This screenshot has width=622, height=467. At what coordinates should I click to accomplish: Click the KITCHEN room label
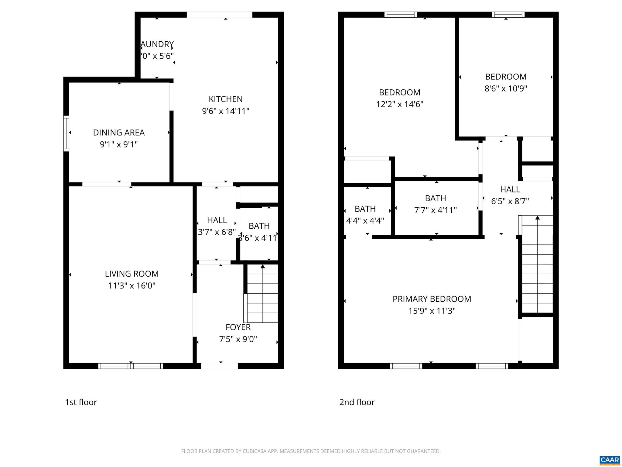pos(225,99)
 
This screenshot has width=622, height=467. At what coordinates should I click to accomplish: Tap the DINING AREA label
pos(119,133)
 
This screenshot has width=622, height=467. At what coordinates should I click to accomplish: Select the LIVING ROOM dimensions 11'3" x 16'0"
pos(132,286)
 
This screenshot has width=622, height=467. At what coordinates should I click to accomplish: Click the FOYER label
pos(238,327)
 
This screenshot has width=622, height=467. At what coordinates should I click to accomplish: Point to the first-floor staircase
pos(262,293)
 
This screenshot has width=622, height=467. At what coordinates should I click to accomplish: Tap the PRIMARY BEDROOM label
pos(432,299)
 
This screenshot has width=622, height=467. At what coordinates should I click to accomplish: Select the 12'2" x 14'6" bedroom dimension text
pos(400,104)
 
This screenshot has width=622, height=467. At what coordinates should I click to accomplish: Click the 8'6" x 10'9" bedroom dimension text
pos(506,88)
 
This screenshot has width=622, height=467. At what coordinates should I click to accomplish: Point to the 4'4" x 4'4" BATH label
pos(365,209)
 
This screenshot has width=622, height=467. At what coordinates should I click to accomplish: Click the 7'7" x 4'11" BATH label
pos(436,198)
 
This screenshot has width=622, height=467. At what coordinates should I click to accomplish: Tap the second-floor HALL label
pos(510,189)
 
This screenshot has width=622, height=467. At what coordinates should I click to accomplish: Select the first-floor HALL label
pos(217,220)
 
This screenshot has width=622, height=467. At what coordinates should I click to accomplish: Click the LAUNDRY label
pos(157,44)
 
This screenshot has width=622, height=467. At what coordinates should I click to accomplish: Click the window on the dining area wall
pos(66,133)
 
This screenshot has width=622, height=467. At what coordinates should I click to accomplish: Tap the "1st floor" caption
pos(81,402)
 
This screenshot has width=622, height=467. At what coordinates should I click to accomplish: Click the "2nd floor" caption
pos(357,402)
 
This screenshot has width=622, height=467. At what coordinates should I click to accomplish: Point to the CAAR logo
pos(610,460)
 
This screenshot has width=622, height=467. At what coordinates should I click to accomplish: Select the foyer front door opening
pos(219,366)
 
